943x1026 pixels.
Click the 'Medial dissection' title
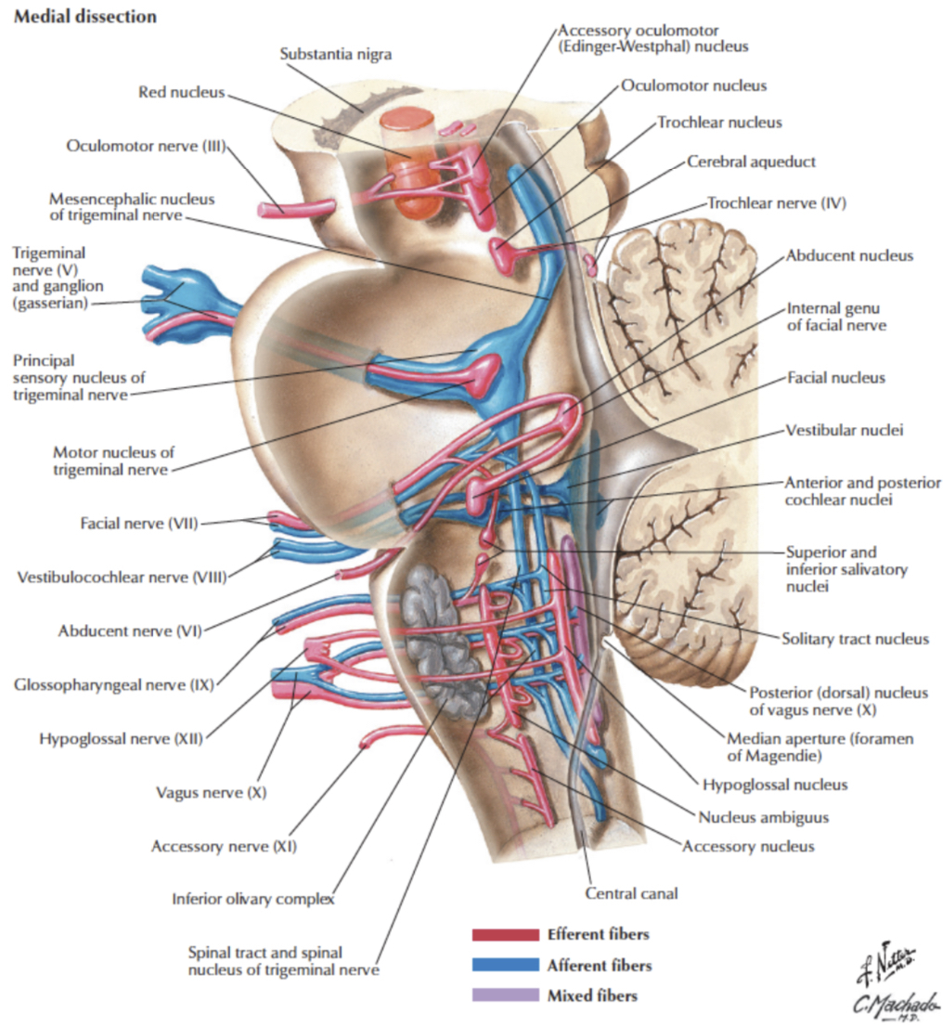tap(84, 17)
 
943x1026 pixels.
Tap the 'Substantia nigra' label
tap(336, 54)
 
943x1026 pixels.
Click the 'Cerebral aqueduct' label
tap(751, 161)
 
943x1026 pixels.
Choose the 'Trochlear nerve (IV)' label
tap(777, 201)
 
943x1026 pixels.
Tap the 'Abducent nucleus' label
tap(849, 255)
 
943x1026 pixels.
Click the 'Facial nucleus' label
tap(835, 378)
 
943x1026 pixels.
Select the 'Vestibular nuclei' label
tap(844, 431)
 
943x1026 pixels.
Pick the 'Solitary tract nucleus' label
tap(855, 639)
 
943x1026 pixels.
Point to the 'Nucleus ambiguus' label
tap(762, 817)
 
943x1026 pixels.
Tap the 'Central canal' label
tap(631, 893)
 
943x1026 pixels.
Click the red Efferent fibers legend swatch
tap(505, 935)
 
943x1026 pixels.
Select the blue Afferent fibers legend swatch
tap(505, 966)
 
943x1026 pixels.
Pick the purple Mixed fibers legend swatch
tap(505, 995)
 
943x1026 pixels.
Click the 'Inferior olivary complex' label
tap(252, 899)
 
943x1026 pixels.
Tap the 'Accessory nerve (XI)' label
tap(225, 846)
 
